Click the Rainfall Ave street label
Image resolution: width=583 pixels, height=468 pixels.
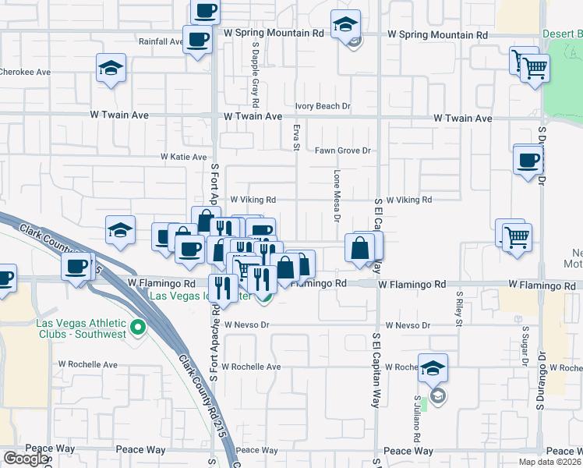[159, 41]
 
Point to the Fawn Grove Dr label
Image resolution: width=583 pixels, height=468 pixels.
[342, 151]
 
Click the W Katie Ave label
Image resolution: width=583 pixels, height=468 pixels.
[184, 157]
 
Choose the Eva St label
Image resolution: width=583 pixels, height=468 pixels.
[296, 137]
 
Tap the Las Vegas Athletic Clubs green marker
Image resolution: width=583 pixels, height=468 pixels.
[139, 327]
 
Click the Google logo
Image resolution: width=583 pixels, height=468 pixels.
[26, 459]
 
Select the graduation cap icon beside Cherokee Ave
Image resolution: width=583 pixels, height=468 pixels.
[111, 68]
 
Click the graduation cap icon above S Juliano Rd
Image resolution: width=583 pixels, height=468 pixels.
[433, 368]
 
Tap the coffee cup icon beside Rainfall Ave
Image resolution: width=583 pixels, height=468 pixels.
[197, 39]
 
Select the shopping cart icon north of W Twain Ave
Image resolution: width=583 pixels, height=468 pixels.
[534, 68]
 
